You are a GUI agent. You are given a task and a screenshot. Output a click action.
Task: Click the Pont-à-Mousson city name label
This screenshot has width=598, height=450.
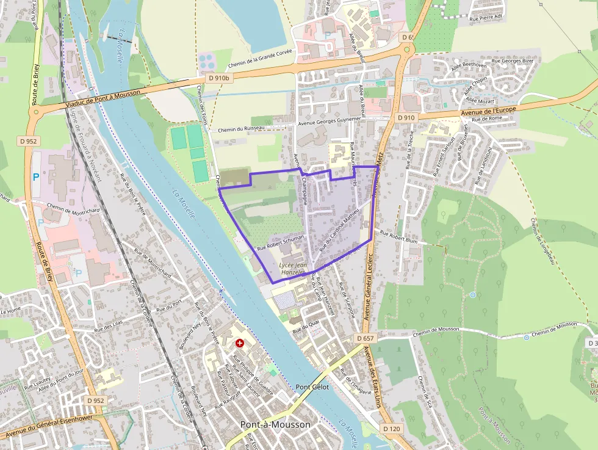pyautogui.click(x=275, y=424)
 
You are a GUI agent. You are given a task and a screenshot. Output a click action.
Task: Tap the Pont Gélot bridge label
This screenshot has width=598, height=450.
pyautogui.click(x=312, y=387)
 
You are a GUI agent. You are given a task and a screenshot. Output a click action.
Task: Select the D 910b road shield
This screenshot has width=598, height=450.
pyautogui.click(x=218, y=78)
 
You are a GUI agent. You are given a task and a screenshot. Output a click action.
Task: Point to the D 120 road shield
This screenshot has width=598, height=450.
pyautogui.click(x=392, y=429)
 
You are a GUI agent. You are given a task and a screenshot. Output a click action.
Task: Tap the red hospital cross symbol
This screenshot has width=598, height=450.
pyautogui.click(x=239, y=344)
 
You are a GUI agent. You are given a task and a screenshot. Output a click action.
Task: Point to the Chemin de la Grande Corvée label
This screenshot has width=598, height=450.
pyautogui.click(x=261, y=59)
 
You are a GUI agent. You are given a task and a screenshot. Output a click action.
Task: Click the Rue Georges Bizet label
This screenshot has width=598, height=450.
pyautogui.click(x=513, y=61)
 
